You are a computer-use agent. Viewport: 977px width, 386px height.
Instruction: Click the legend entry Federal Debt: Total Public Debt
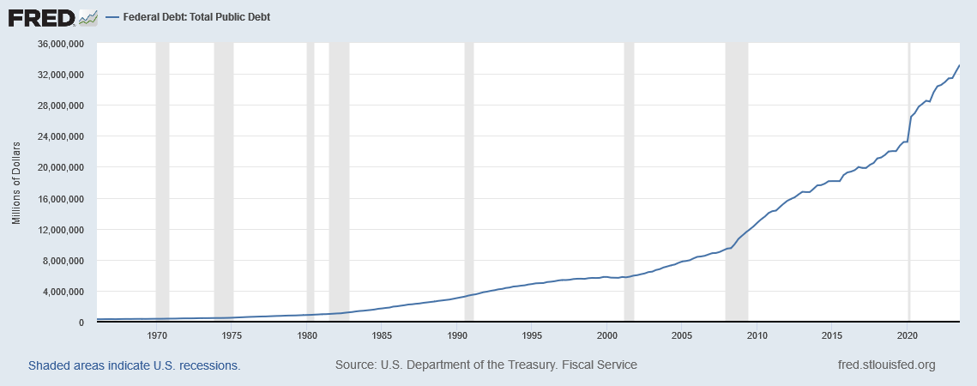pos(188,17)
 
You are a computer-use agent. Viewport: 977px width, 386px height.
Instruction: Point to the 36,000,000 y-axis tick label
pos(61,45)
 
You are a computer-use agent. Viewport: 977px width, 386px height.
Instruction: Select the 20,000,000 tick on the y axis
pos(61,168)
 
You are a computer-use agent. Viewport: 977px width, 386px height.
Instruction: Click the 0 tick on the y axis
pos(81,323)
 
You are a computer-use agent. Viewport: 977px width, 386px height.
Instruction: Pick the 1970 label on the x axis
pos(156,335)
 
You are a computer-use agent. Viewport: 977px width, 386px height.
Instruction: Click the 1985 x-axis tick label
pos(382,335)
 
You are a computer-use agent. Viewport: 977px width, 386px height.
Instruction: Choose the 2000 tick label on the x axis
pos(607,335)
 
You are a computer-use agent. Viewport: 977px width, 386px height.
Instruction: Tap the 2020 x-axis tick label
pos(908,335)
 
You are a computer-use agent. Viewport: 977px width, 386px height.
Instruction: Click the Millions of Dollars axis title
pos(17,184)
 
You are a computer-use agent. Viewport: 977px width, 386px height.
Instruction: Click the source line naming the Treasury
pos(486,365)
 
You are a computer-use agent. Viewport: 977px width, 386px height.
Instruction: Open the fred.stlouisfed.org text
pos(887,365)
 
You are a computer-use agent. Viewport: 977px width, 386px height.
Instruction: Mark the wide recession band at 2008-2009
pos(737,182)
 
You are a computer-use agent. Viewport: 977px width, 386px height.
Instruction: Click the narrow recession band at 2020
pos(909,182)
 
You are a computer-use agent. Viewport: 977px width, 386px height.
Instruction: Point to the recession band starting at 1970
pos(163,182)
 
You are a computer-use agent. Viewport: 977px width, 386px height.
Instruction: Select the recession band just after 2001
pos(629,182)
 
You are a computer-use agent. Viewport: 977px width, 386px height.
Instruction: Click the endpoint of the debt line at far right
pos(959,65)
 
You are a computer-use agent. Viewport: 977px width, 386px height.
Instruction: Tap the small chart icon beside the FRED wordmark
pos(89,18)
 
